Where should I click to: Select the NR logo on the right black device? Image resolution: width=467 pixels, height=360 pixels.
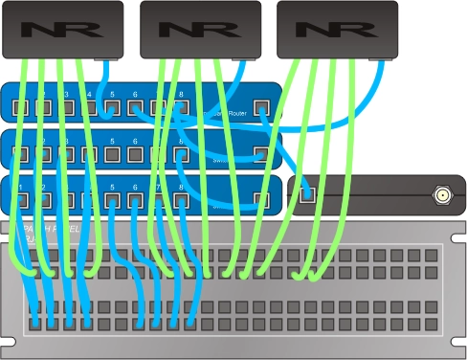tap(336, 29)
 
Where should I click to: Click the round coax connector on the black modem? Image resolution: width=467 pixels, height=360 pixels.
tap(443, 196)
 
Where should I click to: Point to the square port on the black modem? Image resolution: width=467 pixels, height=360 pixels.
tap(307, 195)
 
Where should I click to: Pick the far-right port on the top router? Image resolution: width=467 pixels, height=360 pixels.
tap(260, 107)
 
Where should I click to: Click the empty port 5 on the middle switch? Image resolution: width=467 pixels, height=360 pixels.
tap(112, 153)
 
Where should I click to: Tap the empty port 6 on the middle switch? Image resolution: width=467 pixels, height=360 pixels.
tap(135, 153)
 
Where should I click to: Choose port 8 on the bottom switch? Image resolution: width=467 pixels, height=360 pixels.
tap(181, 200)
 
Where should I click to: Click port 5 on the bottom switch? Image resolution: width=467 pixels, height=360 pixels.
tap(112, 200)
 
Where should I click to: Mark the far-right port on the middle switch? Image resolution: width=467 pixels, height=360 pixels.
tap(260, 153)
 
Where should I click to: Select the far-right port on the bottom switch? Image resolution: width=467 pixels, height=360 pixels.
tap(260, 200)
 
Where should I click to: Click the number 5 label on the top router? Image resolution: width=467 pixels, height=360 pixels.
tap(112, 94)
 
